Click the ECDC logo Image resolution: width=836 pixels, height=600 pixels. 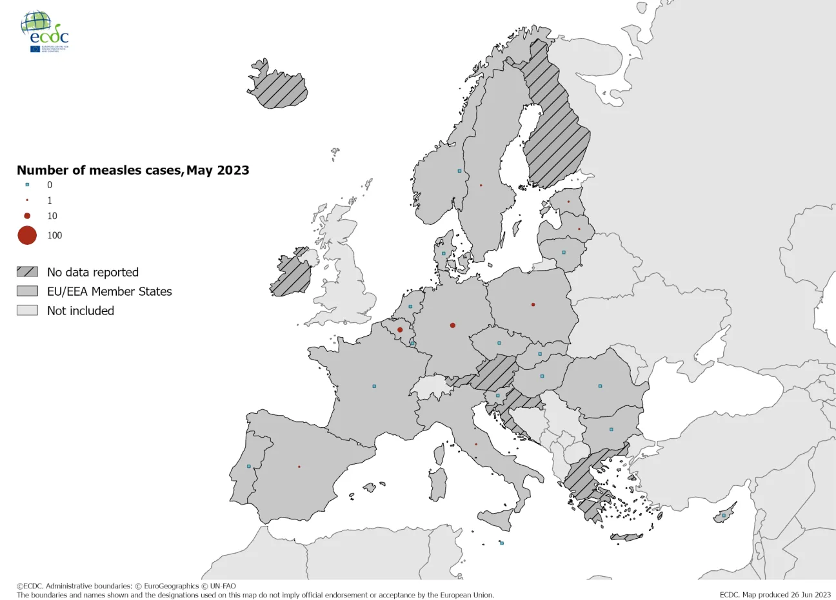pos(45,32)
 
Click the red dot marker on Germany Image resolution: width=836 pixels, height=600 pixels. pos(453,325)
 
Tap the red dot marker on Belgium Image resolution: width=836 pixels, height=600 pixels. pos(400,330)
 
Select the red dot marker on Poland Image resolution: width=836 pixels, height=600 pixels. pos(533,304)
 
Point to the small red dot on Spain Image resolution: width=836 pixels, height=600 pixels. pos(299,467)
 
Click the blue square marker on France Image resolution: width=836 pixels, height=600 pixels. pos(374,386)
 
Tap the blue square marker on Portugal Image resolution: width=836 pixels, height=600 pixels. pos(248,466)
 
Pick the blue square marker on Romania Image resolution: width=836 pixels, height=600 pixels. pos(600,386)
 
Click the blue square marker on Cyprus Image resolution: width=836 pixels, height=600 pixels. pos(724,515)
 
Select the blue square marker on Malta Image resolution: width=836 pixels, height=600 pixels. pos(502,543)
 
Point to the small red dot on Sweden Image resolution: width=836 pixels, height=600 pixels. pos(481,185)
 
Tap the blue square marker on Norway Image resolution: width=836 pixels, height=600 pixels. pos(459,171)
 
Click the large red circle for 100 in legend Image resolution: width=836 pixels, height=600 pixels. pos(27,235)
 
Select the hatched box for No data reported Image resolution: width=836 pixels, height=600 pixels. pos(27,272)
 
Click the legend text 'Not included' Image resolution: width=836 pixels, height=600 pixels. pos(81,311)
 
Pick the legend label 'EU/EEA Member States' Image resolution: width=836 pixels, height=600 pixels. pos(110,291)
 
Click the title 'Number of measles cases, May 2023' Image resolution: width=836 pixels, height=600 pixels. pos(133,170)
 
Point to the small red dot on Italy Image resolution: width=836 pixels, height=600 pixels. pos(476,444)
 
